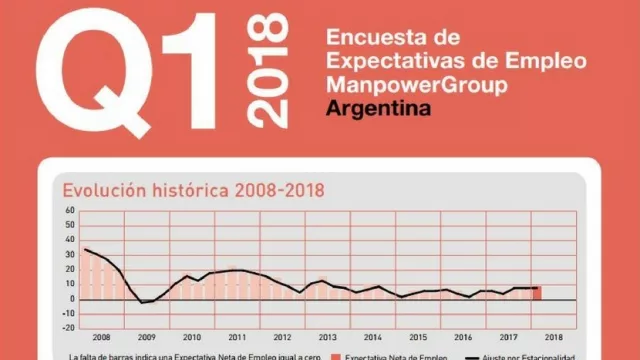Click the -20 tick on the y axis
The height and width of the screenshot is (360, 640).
(68, 327)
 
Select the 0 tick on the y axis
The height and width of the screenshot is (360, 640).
(72, 299)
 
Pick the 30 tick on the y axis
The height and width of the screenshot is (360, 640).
(69, 255)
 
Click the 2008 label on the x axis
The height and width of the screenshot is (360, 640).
(101, 338)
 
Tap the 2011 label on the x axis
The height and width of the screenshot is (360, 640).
(237, 338)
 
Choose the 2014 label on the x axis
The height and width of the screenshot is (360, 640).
(373, 338)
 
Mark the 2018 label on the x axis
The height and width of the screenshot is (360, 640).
(554, 338)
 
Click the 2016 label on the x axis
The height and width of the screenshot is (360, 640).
(464, 338)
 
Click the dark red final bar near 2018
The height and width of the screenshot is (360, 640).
(537, 293)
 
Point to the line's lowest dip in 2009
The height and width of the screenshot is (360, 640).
(145, 302)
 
